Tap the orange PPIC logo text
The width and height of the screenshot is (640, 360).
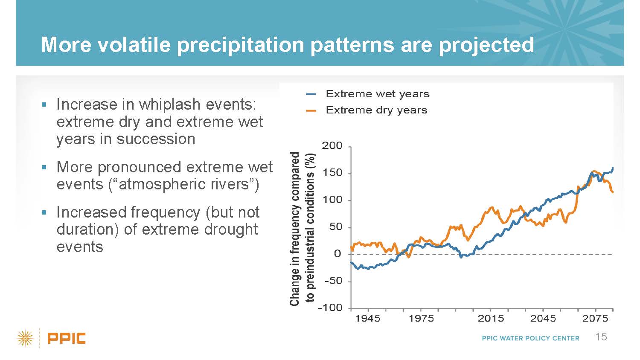point(67,339)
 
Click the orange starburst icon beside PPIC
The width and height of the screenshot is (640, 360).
point(25,339)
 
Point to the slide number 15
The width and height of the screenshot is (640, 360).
point(601,337)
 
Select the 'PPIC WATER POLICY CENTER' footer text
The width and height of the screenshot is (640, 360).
point(530,338)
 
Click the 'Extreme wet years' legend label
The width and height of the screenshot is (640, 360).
point(377,94)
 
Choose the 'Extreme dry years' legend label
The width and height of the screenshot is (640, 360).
point(376,110)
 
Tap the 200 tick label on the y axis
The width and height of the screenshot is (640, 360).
point(332,146)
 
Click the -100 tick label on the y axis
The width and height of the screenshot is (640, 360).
point(330,308)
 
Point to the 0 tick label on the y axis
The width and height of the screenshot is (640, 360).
point(337,254)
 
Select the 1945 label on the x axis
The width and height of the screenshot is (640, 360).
point(368,318)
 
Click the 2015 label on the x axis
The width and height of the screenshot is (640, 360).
point(491,318)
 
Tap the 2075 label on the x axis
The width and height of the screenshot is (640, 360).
point(595,318)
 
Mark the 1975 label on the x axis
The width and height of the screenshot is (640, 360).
point(421,318)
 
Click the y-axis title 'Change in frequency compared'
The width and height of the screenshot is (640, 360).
point(294,229)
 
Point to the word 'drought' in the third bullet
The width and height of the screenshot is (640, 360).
point(230,229)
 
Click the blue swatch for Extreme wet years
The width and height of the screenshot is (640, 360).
point(311,94)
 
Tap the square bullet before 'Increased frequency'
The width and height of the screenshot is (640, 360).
point(44,212)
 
